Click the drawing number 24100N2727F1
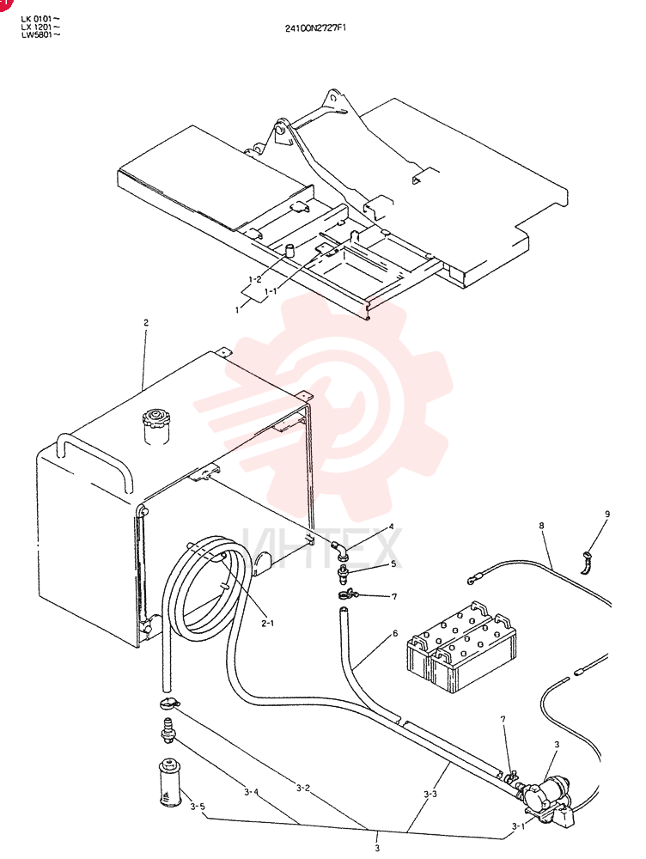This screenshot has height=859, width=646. click(x=315, y=27)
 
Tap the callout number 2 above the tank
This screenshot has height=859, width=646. click(x=146, y=323)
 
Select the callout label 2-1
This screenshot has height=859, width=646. click(x=267, y=623)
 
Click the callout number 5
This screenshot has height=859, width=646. click(x=393, y=564)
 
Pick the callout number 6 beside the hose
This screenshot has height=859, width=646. click(x=395, y=633)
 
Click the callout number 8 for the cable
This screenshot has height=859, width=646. click(x=541, y=526)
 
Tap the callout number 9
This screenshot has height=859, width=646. click(x=607, y=514)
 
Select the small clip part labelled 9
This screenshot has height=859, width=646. click(x=586, y=564)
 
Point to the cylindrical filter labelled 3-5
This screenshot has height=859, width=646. click(x=168, y=782)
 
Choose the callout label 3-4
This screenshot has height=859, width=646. click(x=252, y=791)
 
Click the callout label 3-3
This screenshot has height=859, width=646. click(x=430, y=794)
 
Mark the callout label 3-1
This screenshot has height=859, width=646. click(x=518, y=826)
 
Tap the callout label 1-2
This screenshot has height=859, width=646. click(x=255, y=279)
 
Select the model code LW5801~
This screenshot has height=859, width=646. click(x=40, y=34)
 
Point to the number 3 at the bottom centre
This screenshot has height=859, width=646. click(x=377, y=849)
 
